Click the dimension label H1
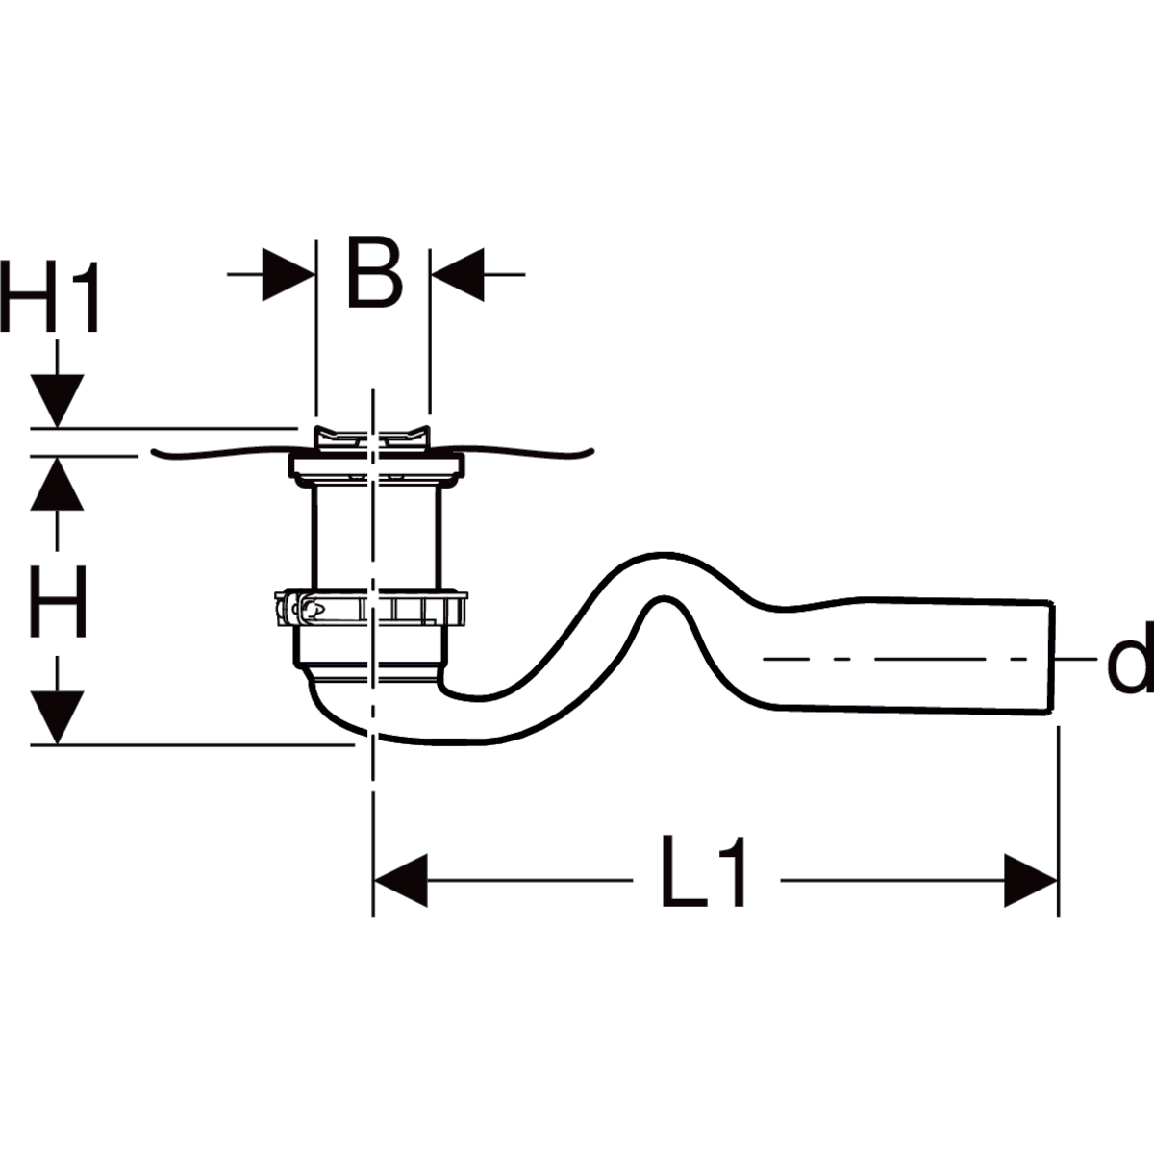(x=50, y=296)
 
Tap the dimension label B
(x=374, y=272)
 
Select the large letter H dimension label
(x=58, y=601)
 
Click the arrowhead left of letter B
(x=288, y=275)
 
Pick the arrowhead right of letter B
(x=457, y=275)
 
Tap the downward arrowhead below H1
(x=58, y=401)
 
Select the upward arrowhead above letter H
(x=58, y=484)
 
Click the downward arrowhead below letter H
(x=58, y=717)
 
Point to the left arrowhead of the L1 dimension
(x=401, y=880)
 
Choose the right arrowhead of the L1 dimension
(x=1031, y=880)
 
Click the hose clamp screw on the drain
(x=301, y=610)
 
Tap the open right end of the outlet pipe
(x=1052, y=657)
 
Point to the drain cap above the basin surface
(x=372, y=438)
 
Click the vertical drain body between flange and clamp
(x=376, y=535)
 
